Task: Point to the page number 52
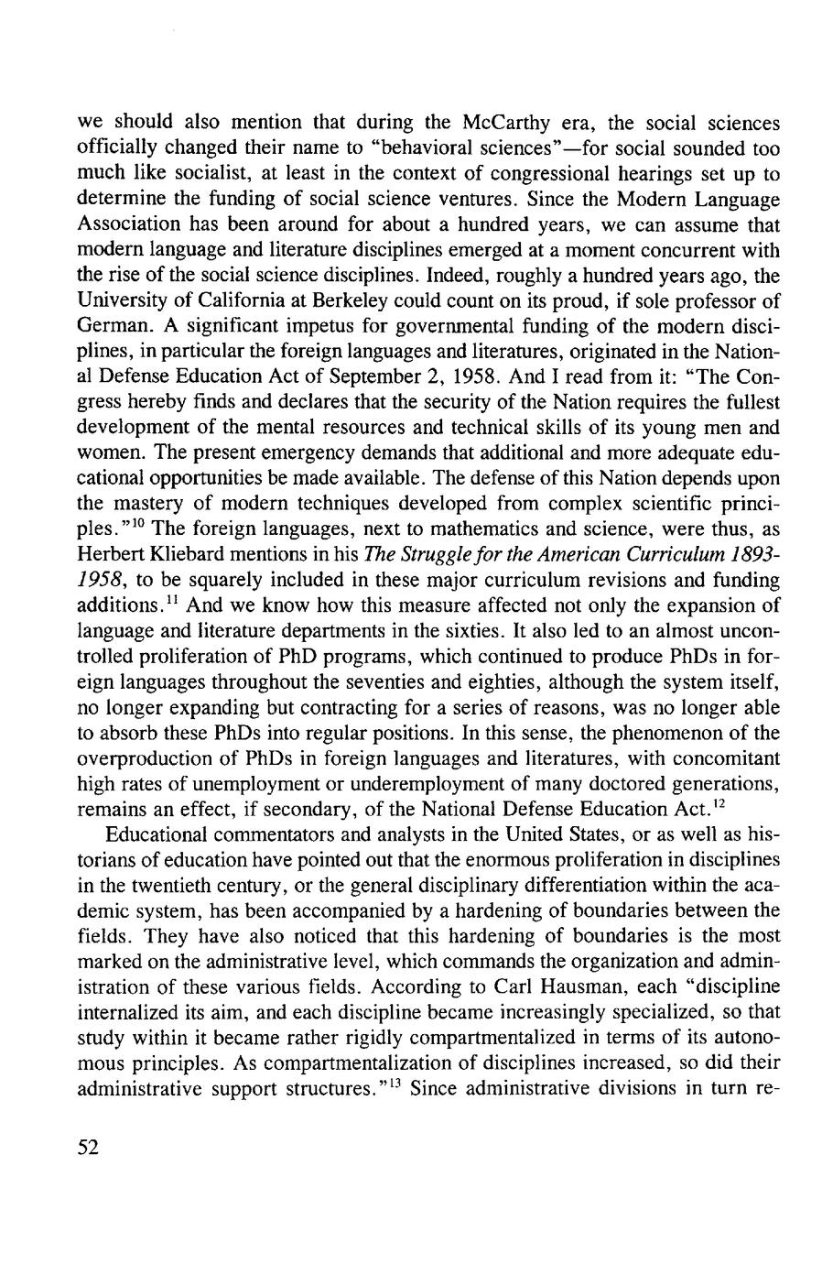coord(89,1150)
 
